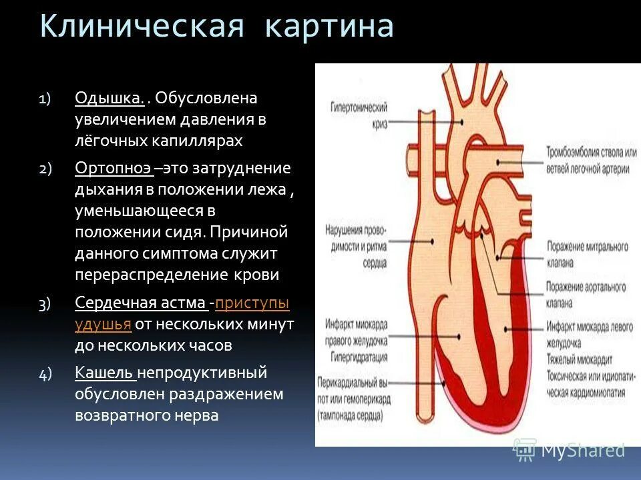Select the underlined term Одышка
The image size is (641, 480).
[x=110, y=99]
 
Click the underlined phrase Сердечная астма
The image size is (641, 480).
[x=140, y=303]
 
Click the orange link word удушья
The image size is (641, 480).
[x=103, y=325]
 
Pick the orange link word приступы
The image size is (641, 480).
[x=252, y=303]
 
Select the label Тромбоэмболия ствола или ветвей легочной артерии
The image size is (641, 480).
[x=587, y=161]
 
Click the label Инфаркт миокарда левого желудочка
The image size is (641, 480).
[x=586, y=333]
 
